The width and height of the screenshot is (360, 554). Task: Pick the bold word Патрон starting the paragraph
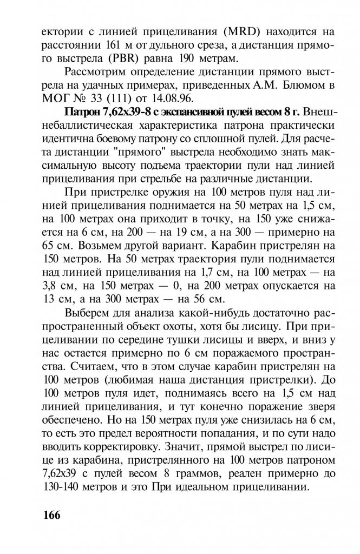[81, 114]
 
